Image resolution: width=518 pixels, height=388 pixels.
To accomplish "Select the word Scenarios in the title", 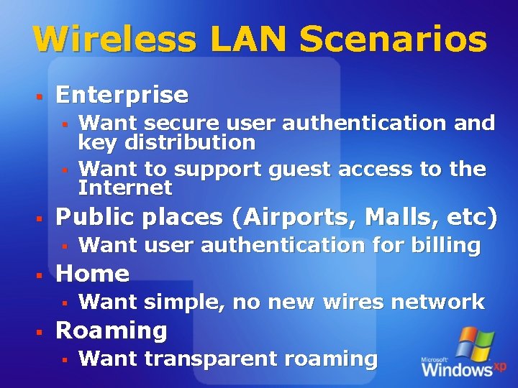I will [x=394, y=40].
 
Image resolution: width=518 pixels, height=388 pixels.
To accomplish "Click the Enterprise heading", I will [x=122, y=95].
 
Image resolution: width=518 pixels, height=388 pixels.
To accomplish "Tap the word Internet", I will [x=125, y=188].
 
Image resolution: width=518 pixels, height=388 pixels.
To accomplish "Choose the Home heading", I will [x=92, y=274].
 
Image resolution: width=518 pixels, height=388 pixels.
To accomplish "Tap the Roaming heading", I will [x=111, y=331].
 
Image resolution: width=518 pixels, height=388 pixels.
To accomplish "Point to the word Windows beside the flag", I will [x=457, y=370].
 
